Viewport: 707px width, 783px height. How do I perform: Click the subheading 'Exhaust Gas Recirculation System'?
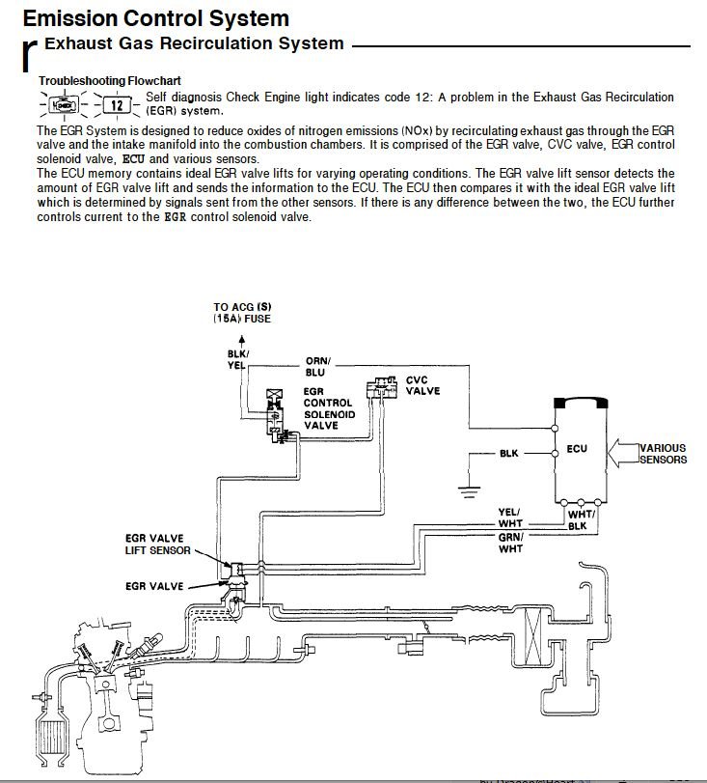(x=194, y=43)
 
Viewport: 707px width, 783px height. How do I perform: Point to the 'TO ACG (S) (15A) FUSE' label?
(x=242, y=312)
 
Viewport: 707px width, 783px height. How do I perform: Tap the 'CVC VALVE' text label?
(x=422, y=385)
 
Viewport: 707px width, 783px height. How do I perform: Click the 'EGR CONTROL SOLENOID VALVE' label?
(x=329, y=406)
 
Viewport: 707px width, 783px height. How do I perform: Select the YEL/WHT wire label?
(x=509, y=517)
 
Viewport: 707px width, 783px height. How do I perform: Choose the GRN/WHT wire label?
(x=509, y=543)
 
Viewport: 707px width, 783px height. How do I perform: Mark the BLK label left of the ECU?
(x=509, y=453)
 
